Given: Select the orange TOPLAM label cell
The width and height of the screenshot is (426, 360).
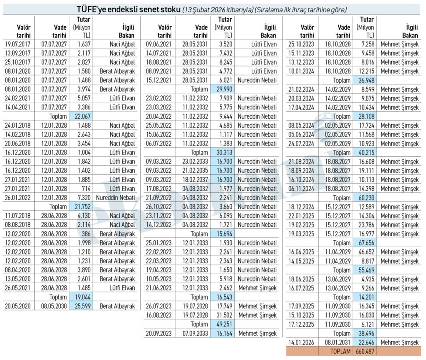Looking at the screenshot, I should coord(340,351).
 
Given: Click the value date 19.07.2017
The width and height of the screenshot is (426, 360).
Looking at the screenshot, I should coord(18,44).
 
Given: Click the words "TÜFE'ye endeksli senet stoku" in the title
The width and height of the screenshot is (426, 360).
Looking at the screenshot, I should coord(129,9).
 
